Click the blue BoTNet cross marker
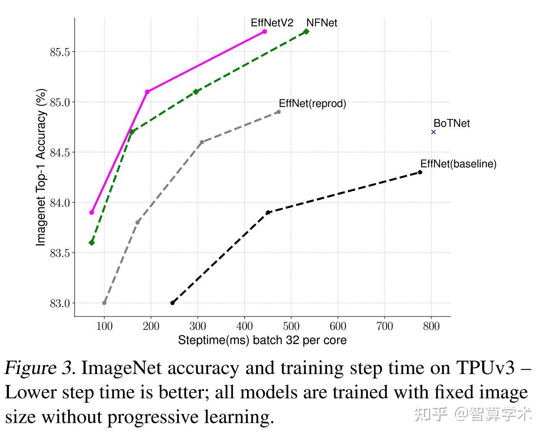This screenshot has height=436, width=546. [433, 132]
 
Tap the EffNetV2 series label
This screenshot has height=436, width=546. [272, 23]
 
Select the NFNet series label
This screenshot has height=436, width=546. [322, 23]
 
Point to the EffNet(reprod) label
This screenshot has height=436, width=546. [312, 103]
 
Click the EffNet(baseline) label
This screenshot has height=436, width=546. [458, 164]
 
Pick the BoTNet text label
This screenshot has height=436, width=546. [451, 123]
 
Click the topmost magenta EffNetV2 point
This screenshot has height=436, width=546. [264, 32]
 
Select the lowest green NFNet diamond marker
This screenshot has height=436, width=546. [92, 242]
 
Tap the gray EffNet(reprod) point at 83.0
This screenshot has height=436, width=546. [104, 303]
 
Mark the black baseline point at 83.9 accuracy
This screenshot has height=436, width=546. [268, 212]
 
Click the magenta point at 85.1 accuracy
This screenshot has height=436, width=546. [147, 92]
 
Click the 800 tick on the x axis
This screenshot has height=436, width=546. [431, 326]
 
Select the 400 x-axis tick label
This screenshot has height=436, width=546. [244, 326]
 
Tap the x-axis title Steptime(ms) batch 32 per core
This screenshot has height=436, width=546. [262, 340]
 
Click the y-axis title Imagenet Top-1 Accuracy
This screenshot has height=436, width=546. [41, 167]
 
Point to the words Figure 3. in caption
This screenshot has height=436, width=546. [40, 368]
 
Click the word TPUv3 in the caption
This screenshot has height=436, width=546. [485, 368]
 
